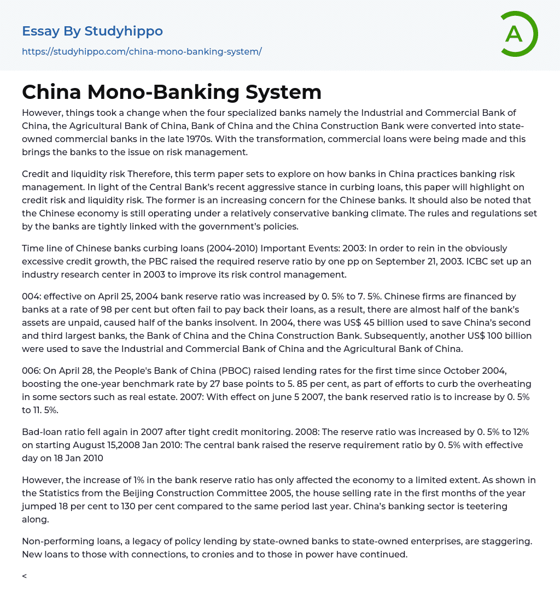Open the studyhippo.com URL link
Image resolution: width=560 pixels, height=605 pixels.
[x=142, y=51]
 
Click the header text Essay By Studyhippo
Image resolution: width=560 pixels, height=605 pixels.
[x=92, y=31]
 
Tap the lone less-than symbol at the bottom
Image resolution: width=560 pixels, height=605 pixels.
[x=25, y=576]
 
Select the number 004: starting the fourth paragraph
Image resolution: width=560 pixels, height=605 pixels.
[x=31, y=297]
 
